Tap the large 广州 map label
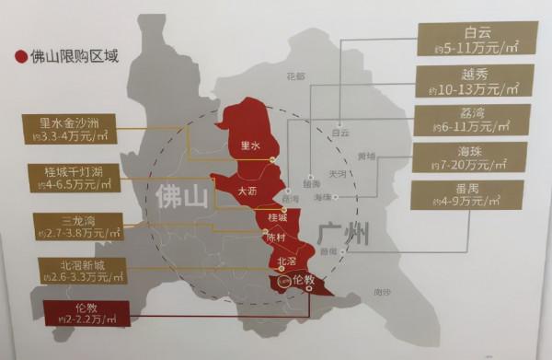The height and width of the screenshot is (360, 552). coord(343,234)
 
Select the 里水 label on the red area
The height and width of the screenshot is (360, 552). coord(250,145)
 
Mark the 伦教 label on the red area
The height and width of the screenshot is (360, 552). coord(304,279)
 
